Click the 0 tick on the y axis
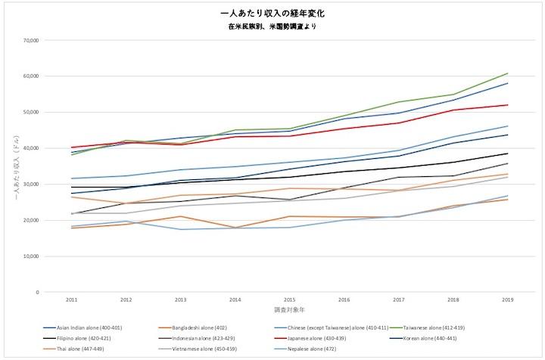pos(37,292)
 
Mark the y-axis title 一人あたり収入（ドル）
pos(16,166)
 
